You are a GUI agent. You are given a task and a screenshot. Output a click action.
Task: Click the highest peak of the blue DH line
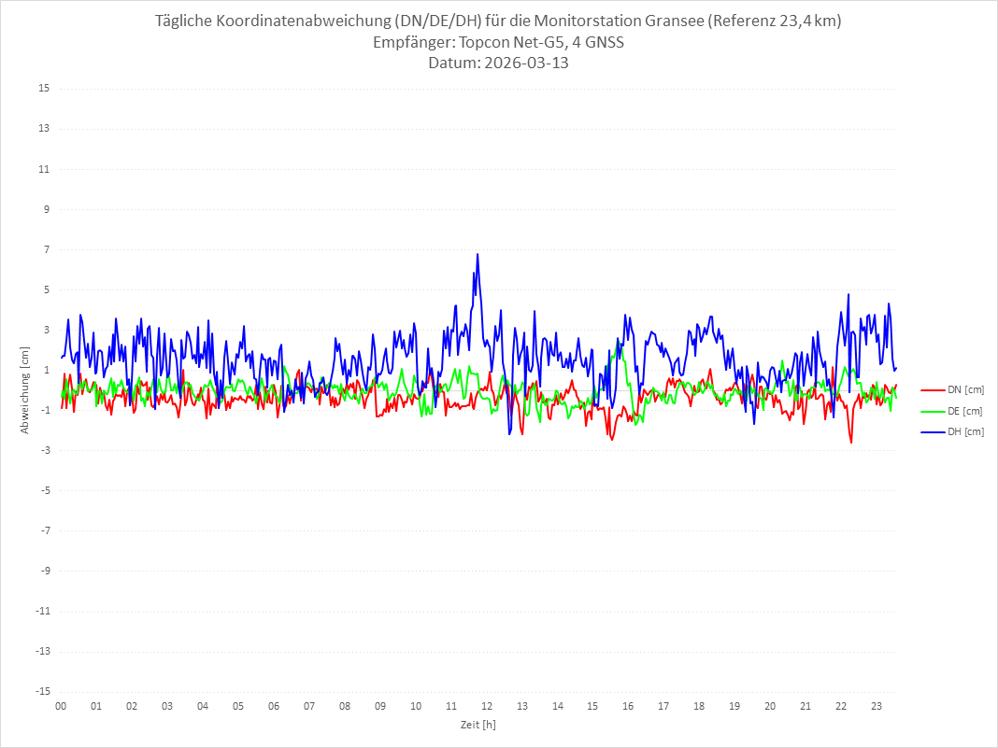tap(478, 254)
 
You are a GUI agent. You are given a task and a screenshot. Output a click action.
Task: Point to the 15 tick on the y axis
tap(44, 89)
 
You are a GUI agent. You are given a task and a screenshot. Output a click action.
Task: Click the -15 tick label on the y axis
tap(42, 691)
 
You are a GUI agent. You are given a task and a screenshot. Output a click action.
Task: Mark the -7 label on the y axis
tap(44, 530)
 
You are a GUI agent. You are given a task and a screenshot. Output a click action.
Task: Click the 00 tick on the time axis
tap(61, 706)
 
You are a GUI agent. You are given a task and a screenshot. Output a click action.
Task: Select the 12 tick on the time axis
tap(487, 706)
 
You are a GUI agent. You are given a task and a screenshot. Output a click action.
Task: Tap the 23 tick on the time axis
tap(877, 706)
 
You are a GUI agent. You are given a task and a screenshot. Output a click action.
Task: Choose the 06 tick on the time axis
tap(274, 706)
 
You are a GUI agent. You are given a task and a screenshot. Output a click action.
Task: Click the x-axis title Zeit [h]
tap(478, 725)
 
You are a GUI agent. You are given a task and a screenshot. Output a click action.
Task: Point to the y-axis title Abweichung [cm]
tap(25, 389)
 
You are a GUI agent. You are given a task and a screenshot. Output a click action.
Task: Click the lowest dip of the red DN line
tap(851, 443)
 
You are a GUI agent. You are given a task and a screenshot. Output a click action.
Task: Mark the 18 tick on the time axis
tap(699, 706)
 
